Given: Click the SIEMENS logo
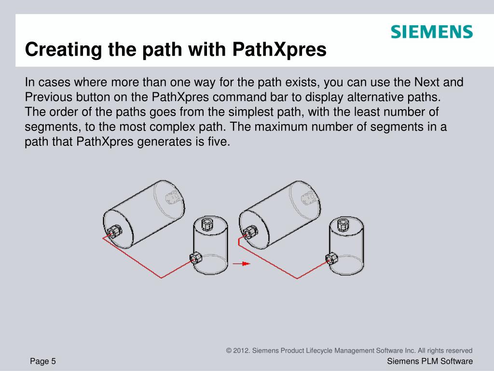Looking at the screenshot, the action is tap(432, 32).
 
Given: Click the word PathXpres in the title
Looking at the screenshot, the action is tap(279, 50).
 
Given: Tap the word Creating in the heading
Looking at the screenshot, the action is tap(64, 50).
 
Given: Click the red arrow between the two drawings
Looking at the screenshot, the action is tap(241, 263).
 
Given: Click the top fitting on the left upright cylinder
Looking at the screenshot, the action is tap(206, 224).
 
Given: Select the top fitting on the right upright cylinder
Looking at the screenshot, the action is tap(343, 224).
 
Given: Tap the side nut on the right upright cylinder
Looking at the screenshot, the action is tap(331, 259).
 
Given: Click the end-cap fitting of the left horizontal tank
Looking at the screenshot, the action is tap(114, 232).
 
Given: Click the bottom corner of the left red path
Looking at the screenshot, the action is tap(161, 278).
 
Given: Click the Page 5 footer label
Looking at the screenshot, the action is tap(43, 361).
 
